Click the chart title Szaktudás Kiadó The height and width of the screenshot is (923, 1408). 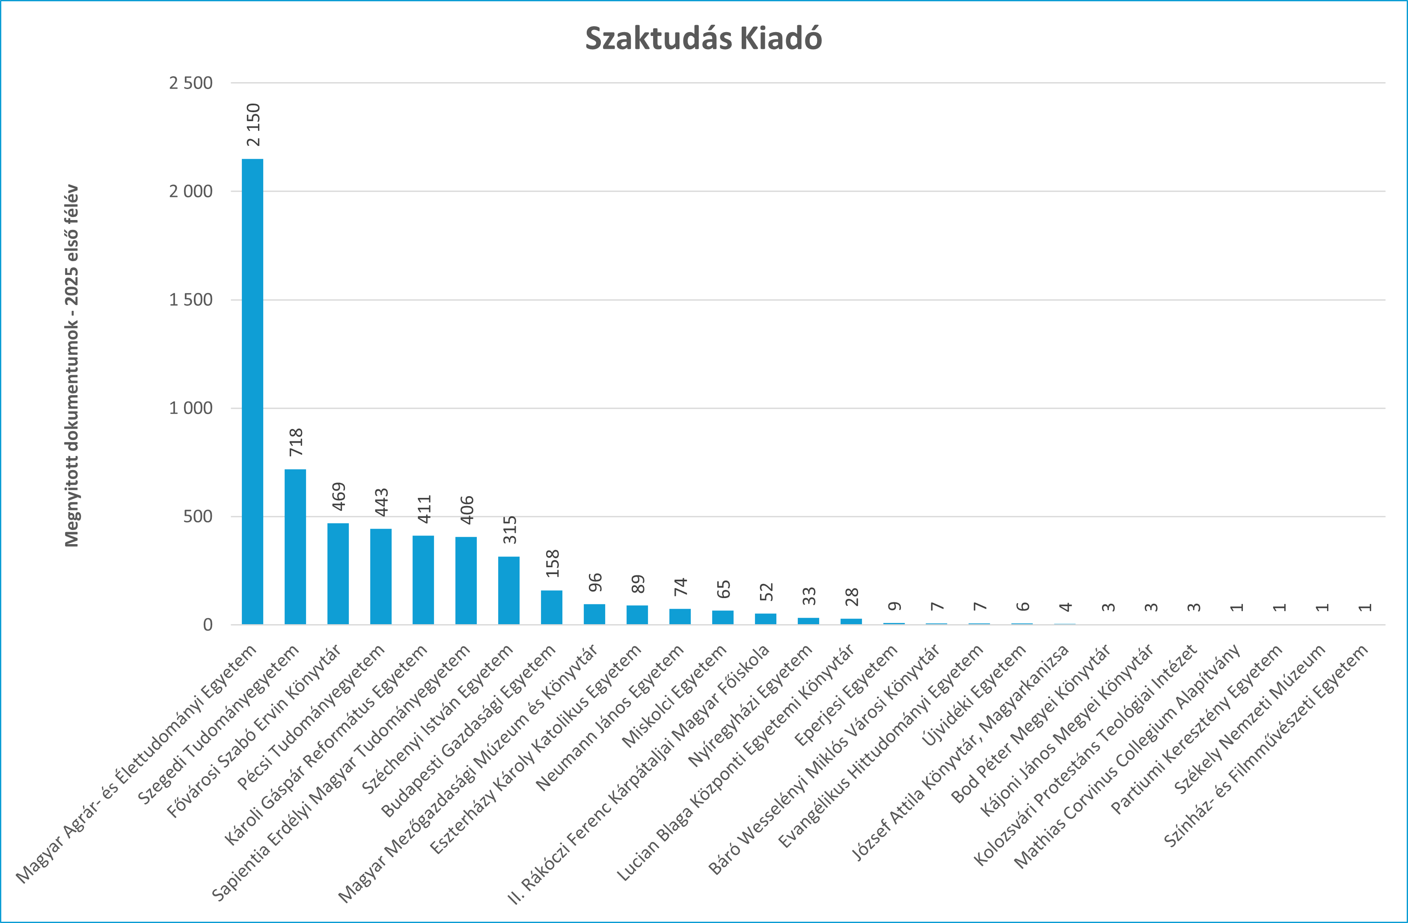click(704, 39)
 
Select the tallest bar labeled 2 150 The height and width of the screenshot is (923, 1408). click(252, 390)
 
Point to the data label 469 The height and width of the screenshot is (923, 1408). click(339, 497)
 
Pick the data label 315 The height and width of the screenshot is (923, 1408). click(509, 530)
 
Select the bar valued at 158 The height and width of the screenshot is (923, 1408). click(551, 607)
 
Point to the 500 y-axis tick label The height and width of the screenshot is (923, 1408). click(198, 517)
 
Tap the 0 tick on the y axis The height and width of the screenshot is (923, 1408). click(208, 625)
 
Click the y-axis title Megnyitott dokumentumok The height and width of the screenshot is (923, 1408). click(71, 366)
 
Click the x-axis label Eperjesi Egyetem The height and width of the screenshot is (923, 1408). click(846, 696)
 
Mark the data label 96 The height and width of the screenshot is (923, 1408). click(594, 582)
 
